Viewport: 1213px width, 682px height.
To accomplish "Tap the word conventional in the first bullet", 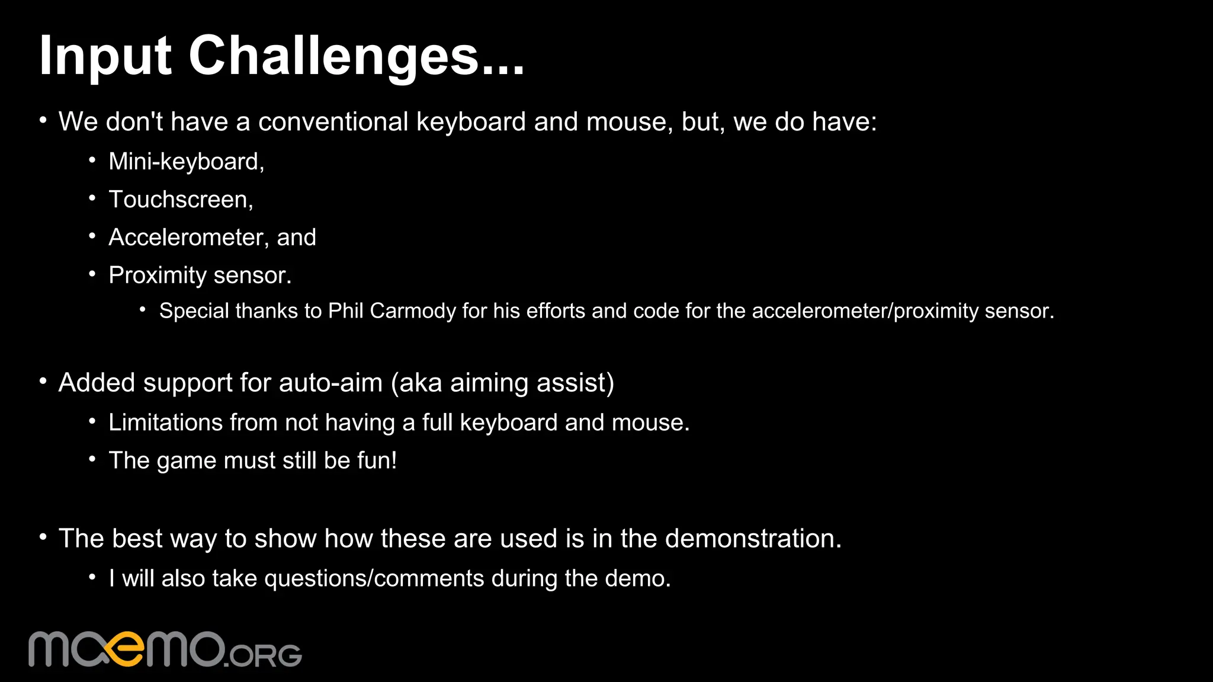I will click(x=333, y=122).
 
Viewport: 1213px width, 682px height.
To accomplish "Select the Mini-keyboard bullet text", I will click(x=186, y=162).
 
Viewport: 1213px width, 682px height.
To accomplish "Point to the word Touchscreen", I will click(x=180, y=200).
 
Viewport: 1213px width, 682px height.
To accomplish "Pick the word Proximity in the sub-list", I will click(x=157, y=276).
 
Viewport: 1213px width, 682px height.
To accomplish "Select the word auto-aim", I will click(x=330, y=383).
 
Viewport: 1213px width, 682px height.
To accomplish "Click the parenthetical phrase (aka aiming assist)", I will click(x=502, y=383).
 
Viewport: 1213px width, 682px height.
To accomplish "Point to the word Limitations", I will click(x=165, y=422).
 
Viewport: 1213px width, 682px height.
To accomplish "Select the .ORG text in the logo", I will click(x=264, y=655).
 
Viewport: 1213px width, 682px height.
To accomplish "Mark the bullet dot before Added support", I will click(x=43, y=382).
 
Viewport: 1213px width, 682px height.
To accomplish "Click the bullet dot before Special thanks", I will click(x=143, y=309).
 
